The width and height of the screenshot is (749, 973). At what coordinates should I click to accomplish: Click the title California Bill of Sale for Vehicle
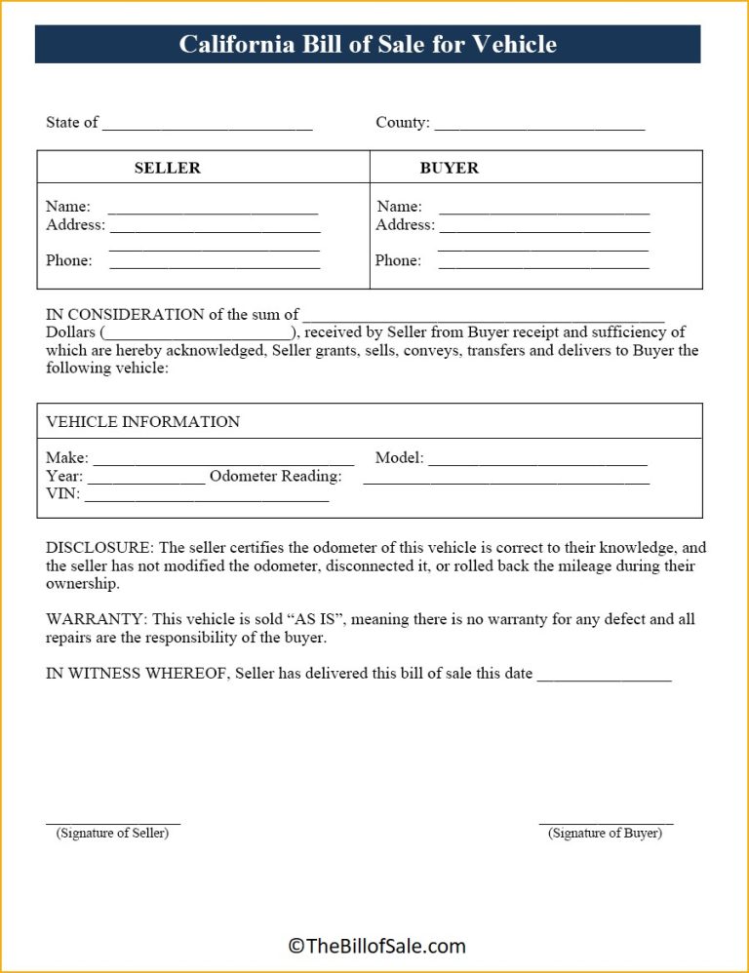pyautogui.click(x=368, y=45)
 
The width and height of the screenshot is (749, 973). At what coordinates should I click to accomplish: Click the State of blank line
pyautogui.click(x=207, y=127)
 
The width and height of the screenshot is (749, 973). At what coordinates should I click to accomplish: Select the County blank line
pyautogui.click(x=539, y=127)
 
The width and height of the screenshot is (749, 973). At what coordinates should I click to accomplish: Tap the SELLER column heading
pyautogui.click(x=167, y=168)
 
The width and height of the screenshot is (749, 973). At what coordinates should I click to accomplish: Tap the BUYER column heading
pyautogui.click(x=449, y=168)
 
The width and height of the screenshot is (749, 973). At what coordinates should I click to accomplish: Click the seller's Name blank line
pyautogui.click(x=213, y=211)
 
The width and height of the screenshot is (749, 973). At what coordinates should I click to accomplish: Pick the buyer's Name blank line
pyautogui.click(x=544, y=211)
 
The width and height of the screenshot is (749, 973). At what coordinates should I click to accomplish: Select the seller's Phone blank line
pyautogui.click(x=215, y=265)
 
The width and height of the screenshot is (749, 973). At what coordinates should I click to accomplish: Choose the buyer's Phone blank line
pyautogui.click(x=544, y=265)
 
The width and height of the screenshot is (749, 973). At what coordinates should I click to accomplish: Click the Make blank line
pyautogui.click(x=222, y=462)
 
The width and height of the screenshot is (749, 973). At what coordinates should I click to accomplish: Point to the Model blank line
pyautogui.click(x=537, y=462)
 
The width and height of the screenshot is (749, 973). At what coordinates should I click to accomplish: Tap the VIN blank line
pyautogui.click(x=207, y=499)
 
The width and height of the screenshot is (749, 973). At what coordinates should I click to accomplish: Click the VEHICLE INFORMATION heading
pyautogui.click(x=142, y=422)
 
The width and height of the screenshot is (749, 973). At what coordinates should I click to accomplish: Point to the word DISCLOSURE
pyautogui.click(x=99, y=548)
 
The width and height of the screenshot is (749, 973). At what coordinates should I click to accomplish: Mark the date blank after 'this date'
pyautogui.click(x=604, y=678)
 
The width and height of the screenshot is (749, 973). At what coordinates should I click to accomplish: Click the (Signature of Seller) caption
pyautogui.click(x=112, y=834)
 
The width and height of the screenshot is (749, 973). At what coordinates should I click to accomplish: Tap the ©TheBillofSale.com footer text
pyautogui.click(x=376, y=946)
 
